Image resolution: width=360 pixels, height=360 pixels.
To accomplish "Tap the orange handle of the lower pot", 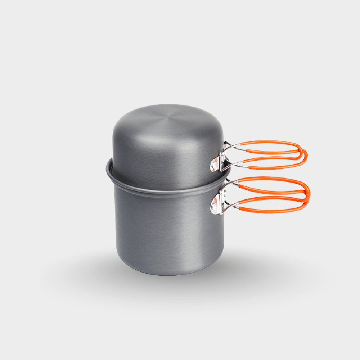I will pos(274,179).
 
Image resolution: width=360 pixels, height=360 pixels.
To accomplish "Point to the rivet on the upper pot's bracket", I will pos(214,165).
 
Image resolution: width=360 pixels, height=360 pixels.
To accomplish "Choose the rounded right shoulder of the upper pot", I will pos(216,124).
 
